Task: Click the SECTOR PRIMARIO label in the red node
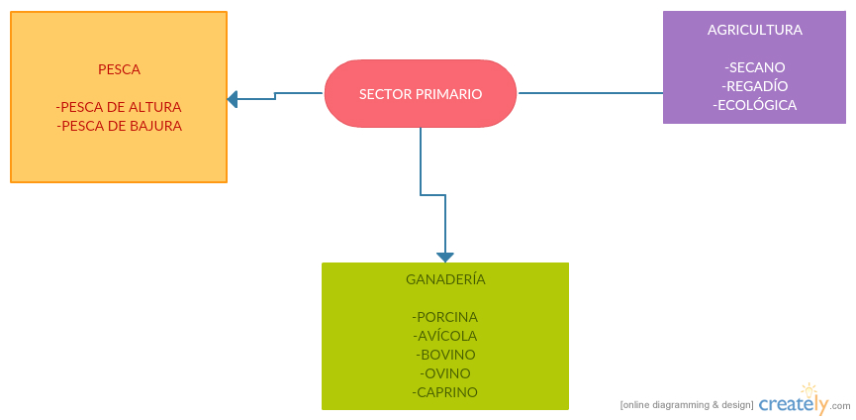point(421,94)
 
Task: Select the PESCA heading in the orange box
point(119,69)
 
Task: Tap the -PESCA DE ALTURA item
point(119,107)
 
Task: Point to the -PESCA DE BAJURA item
point(120,126)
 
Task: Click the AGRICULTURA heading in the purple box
point(754,30)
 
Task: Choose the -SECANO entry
point(754,67)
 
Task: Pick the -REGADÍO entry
point(754,86)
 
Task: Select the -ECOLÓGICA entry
point(754,105)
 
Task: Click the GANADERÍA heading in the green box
point(445,279)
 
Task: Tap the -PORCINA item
point(445,317)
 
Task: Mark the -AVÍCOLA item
point(445,336)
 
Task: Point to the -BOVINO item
point(445,355)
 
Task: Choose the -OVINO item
point(445,373)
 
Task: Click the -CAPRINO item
point(445,392)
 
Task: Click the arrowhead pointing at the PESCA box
point(233,99)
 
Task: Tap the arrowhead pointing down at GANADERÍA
point(445,257)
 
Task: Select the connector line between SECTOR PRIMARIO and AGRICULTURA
point(590,93)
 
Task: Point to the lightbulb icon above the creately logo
point(809,390)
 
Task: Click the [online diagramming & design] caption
point(687,405)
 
